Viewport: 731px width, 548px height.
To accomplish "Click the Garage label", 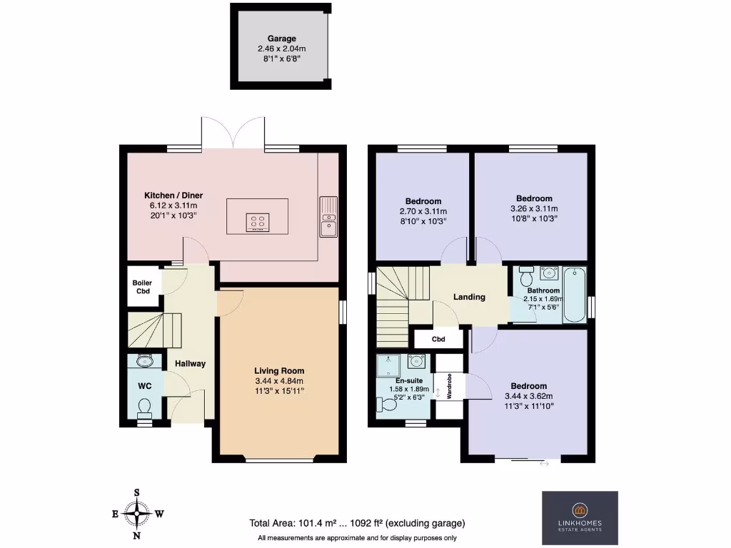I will pyautogui.click(x=281, y=39).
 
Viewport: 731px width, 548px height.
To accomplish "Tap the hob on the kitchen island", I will pyautogui.click(x=258, y=223).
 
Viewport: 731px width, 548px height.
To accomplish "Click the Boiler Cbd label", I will pyautogui.click(x=142, y=287).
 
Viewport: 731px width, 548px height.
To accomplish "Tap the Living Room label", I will pyautogui.click(x=279, y=371).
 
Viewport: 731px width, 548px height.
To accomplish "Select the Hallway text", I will pyautogui.click(x=191, y=364).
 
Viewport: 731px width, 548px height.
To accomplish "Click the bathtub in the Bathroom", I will pyautogui.click(x=574, y=295).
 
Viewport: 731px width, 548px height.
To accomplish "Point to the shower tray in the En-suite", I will pyautogui.click(x=390, y=366).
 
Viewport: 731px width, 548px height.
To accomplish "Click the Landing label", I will pyautogui.click(x=469, y=297).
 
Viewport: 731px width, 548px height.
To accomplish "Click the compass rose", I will pyautogui.click(x=136, y=513).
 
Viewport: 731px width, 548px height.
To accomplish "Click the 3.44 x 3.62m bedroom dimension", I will pyautogui.click(x=529, y=396).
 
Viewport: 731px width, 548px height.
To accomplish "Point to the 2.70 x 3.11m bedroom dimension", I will pyautogui.click(x=423, y=211).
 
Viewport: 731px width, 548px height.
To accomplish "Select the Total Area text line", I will pyautogui.click(x=357, y=522).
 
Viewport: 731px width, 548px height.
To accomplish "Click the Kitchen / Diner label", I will pyautogui.click(x=173, y=196).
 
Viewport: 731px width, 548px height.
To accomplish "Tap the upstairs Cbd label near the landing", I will pyautogui.click(x=438, y=340).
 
